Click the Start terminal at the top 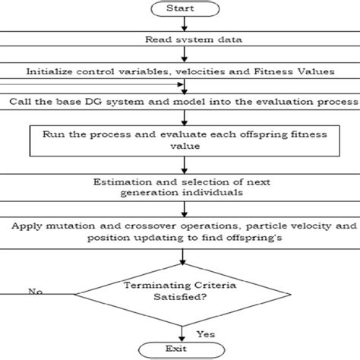point(180,9)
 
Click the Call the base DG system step point(180,100)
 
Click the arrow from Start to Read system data point(180,25)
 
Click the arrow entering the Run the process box point(180,115)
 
